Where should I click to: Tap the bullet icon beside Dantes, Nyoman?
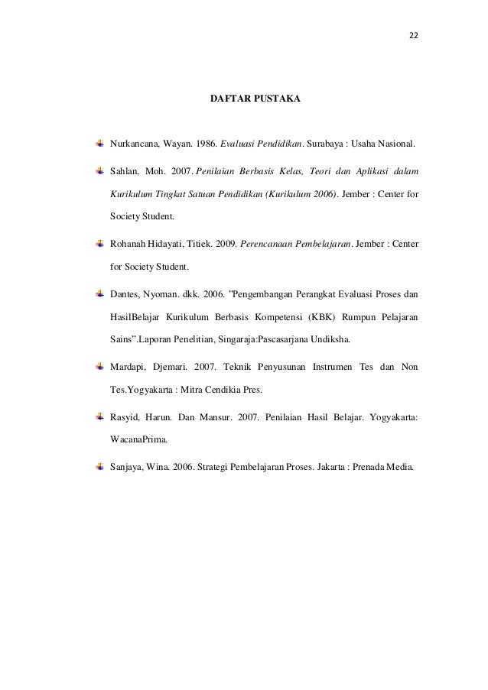(99, 292)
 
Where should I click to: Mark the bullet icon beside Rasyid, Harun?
(99, 417)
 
